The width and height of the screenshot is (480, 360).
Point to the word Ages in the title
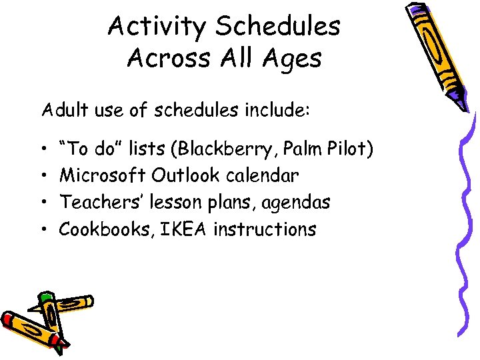tap(291, 59)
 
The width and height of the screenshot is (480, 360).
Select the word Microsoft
tap(103, 175)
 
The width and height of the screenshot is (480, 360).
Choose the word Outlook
tap(186, 175)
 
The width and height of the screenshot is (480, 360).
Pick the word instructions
tap(265, 229)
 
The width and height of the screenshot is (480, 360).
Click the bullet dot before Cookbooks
tap(43, 230)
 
